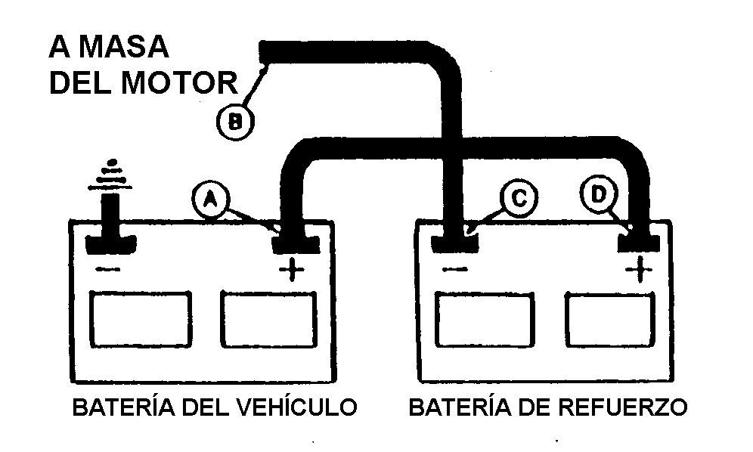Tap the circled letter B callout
click(x=235, y=121)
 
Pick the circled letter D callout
click(x=599, y=194)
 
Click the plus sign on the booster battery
click(x=638, y=268)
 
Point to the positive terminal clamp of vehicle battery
click(x=295, y=243)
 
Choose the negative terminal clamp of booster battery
click(x=456, y=243)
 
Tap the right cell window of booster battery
click(x=609, y=320)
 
